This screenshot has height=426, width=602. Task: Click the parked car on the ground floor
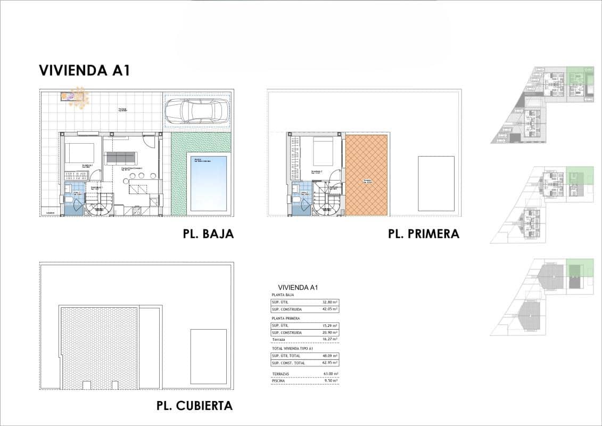tap(197, 112)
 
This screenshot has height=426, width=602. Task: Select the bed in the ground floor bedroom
tap(80, 153)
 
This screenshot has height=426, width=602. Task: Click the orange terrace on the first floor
tap(367, 175)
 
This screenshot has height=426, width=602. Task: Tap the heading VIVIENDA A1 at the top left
tap(85, 70)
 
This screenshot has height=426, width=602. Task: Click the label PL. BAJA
tap(208, 234)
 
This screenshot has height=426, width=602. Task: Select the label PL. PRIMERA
tap(423, 234)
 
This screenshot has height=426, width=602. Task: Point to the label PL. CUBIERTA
tap(194, 406)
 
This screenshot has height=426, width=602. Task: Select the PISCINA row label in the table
tap(279, 381)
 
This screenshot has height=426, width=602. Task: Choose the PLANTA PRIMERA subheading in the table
tap(286, 318)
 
